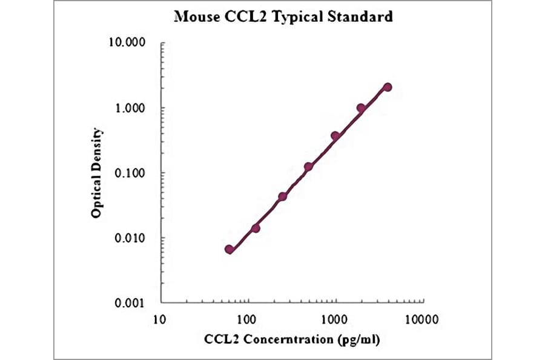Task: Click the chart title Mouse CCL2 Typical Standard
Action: coord(283,17)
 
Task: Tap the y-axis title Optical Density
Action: coord(96,173)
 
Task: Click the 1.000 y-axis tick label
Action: coord(130,108)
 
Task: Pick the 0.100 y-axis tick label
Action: coord(130,173)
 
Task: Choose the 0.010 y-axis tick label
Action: coord(130,238)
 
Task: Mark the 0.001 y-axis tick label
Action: coord(130,303)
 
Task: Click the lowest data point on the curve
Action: coord(229,249)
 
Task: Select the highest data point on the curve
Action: coord(388,87)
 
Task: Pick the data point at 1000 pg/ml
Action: coord(335,136)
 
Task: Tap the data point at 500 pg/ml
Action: coord(308,167)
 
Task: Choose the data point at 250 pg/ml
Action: coord(282,196)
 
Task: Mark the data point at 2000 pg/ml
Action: coord(361,108)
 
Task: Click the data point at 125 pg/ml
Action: coord(256,228)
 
